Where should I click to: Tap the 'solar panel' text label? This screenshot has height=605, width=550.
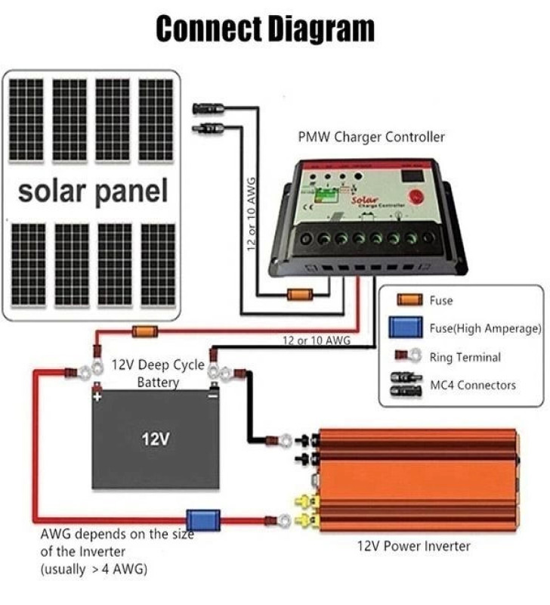[x=93, y=191]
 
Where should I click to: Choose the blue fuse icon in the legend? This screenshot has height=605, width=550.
[x=406, y=327]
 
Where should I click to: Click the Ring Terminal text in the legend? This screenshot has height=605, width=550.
[x=465, y=357]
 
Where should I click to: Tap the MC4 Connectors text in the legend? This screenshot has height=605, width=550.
[x=472, y=385]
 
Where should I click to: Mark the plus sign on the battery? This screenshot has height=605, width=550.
[x=97, y=396]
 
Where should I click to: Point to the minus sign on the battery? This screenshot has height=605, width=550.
[x=213, y=396]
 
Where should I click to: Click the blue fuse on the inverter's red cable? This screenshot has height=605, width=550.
[x=203, y=520]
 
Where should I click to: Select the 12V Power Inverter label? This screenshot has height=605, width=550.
[x=414, y=546]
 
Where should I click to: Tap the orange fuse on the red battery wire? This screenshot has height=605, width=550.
[x=144, y=331]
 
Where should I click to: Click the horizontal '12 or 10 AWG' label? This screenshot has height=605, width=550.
[x=317, y=341]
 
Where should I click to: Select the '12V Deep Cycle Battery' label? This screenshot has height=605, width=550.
[x=158, y=374]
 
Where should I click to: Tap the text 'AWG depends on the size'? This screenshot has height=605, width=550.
[x=117, y=534]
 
